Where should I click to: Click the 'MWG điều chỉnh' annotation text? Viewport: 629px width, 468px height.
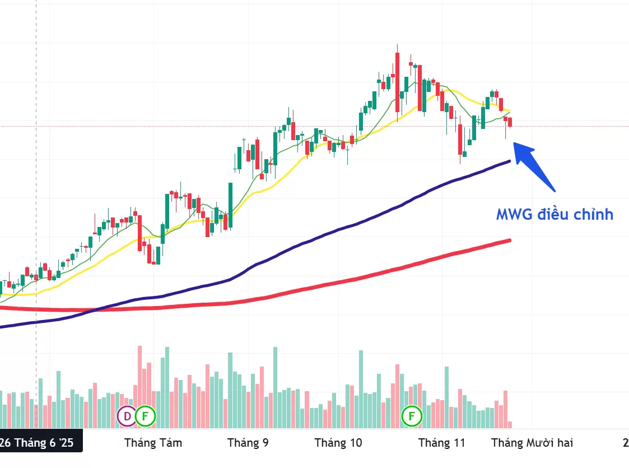[555, 214]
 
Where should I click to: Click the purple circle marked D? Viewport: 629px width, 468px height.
[127, 416]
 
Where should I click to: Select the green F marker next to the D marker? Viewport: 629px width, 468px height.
[146, 416]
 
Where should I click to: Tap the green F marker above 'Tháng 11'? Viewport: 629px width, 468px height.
[413, 416]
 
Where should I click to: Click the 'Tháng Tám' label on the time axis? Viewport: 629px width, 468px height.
[153, 443]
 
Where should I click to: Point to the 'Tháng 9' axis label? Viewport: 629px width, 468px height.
[248, 443]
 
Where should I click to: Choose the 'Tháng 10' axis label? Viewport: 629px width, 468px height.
[338, 443]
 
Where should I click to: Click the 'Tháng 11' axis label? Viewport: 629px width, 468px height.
[442, 443]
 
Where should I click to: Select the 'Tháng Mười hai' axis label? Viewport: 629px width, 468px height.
[532, 443]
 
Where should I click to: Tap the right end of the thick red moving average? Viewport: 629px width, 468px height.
[509, 240]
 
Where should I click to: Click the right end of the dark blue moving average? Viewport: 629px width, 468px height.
[509, 161]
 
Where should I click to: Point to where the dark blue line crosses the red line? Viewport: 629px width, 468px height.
[98, 309]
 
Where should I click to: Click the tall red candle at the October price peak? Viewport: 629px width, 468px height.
[397, 81]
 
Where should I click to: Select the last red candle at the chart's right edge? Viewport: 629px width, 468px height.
[510, 122]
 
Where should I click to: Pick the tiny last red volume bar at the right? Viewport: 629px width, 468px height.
[510, 425]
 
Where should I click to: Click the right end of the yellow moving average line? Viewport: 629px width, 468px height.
[509, 110]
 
